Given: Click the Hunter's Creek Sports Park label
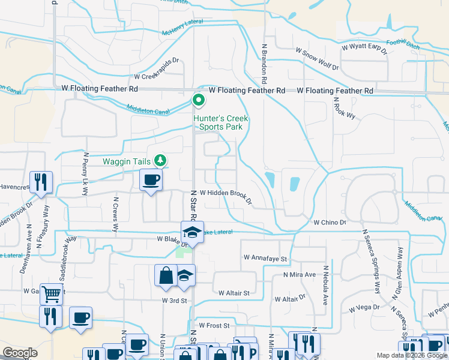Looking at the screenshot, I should tap(220, 122).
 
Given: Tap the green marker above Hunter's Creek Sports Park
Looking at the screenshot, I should tap(199, 101).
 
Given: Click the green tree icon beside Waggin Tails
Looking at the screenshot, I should tap(161, 160).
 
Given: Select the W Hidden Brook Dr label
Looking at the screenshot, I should tap(226, 193).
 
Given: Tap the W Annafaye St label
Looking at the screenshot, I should tap(266, 257).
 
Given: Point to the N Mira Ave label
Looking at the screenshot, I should tap(300, 275).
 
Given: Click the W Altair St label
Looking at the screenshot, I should tap(234, 293).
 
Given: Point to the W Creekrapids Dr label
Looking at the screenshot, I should tap(157, 77).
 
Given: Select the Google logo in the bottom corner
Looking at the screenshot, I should tap(20, 352).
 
